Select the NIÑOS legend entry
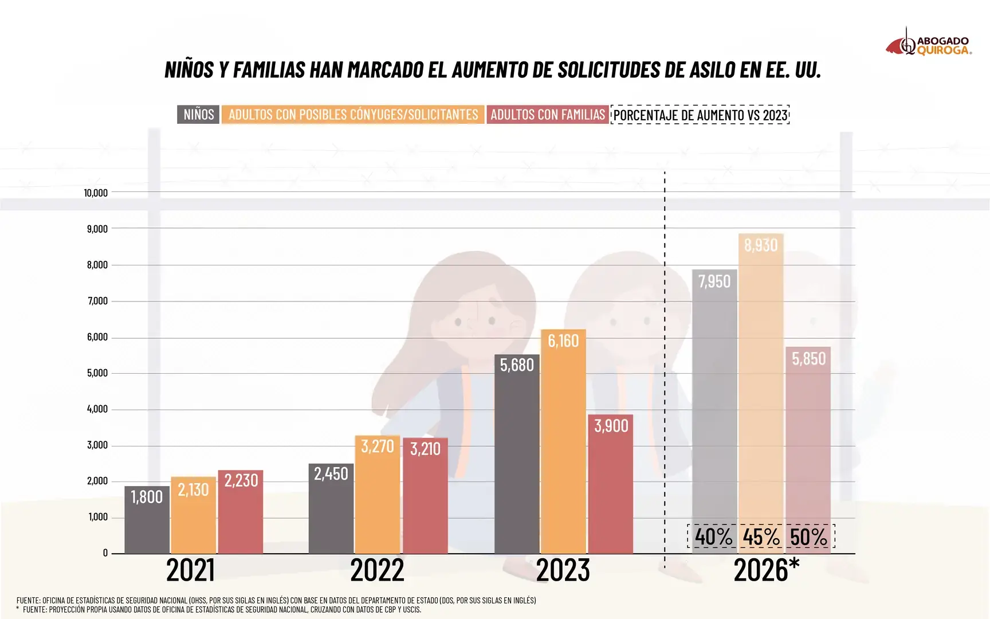coord(198,115)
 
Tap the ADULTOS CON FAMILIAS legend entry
coord(547,115)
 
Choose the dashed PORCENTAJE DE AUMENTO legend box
coord(700,115)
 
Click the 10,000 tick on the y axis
coord(96,193)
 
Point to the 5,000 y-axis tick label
coord(97,373)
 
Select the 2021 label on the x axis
coord(190,570)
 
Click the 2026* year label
coord(766,570)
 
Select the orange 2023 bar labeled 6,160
coord(563,441)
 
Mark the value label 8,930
coord(761,245)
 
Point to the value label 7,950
coord(714,281)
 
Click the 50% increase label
coord(808,537)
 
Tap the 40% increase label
coord(713,537)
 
